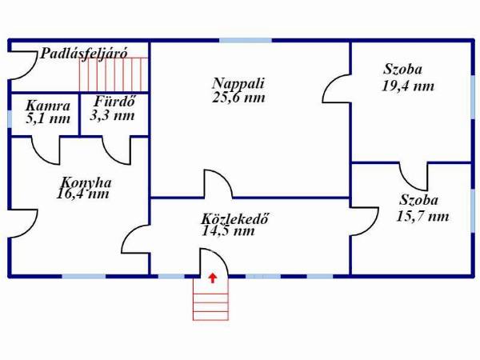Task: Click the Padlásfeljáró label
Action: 83,54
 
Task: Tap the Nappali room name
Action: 238,83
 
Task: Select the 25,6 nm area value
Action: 238,98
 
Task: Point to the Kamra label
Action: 48,106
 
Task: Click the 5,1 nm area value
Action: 48,118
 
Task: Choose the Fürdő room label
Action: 114,101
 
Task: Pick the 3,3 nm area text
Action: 112,115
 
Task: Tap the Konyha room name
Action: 86,183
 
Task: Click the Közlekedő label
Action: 235,219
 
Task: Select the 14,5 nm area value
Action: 228,231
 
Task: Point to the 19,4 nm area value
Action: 408,86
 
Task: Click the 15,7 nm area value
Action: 422,217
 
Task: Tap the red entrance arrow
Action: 213,278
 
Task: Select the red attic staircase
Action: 114,74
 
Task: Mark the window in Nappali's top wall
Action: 246,41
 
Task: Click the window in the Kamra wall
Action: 10,118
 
